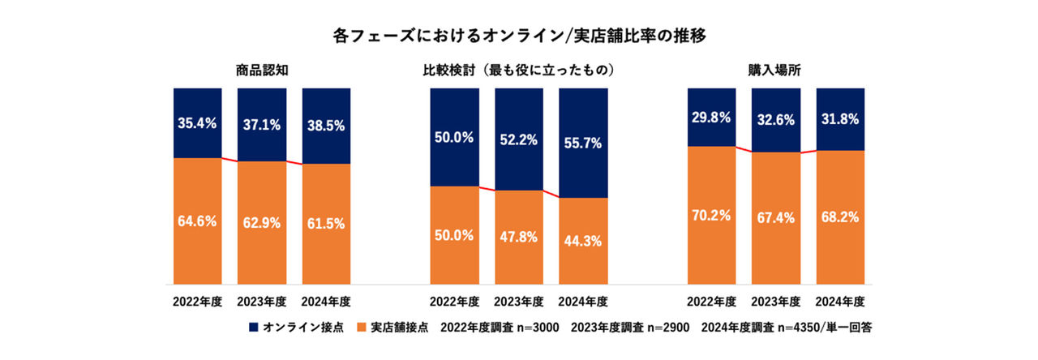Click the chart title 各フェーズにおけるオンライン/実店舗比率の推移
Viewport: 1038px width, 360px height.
[518, 36]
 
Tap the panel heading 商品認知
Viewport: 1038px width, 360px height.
[261, 71]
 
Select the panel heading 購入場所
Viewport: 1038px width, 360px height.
[775, 71]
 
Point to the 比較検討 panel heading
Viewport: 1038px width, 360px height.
[518, 71]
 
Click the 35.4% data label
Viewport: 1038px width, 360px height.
[197, 124]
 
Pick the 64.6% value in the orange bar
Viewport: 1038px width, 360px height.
[197, 220]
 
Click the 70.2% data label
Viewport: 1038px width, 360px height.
[711, 215]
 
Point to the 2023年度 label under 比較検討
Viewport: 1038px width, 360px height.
[518, 302]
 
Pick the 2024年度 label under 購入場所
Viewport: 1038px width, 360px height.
[839, 302]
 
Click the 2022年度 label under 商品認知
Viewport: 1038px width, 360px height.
[197, 302]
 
